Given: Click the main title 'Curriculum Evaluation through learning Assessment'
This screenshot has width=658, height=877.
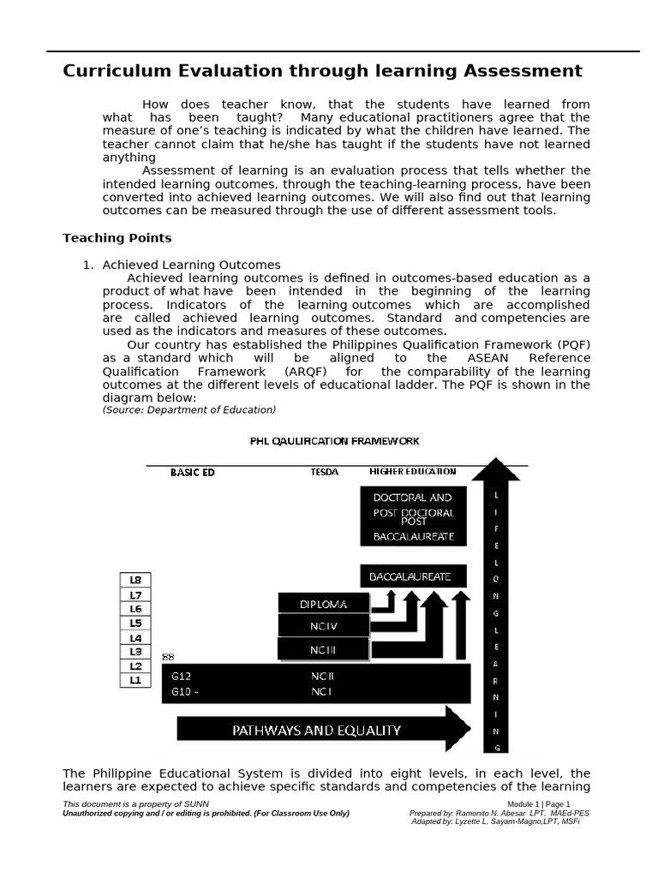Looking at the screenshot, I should (322, 71).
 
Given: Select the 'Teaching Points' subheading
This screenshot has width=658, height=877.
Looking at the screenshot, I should (117, 238).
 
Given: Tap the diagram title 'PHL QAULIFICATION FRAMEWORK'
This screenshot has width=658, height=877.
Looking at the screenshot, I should (334, 441).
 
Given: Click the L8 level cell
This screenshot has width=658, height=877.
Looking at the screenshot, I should (135, 580).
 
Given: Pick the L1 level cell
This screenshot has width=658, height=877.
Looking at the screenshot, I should (135, 680).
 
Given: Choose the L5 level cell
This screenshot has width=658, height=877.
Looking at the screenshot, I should (135, 623).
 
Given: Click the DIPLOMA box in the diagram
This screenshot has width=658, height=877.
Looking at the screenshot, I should (324, 604).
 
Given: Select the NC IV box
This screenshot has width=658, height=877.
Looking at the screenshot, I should (324, 626).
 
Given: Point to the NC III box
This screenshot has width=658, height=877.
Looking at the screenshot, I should (324, 650).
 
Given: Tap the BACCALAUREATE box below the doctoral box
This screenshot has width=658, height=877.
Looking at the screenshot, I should (412, 576).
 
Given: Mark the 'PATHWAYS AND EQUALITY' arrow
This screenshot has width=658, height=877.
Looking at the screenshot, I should (323, 730).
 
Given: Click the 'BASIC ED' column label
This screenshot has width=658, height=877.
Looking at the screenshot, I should (192, 472).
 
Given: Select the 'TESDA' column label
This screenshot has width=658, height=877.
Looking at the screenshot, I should (324, 472).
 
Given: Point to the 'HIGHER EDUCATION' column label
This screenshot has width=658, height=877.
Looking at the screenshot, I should (412, 471).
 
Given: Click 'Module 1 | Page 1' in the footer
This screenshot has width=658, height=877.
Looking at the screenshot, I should (538, 804).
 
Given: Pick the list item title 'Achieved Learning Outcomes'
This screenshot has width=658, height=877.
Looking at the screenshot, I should (191, 265).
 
